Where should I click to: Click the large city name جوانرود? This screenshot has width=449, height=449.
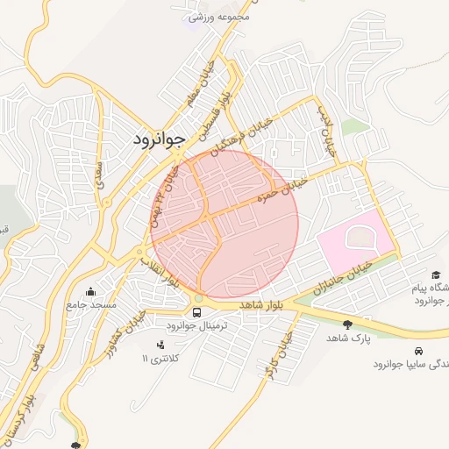161,138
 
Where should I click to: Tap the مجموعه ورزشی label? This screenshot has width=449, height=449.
220,16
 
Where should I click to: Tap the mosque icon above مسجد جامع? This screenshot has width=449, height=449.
90,292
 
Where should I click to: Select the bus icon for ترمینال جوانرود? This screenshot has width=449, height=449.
197,310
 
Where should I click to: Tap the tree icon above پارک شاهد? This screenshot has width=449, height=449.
348,324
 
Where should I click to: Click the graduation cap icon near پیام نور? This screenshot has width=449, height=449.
437,274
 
